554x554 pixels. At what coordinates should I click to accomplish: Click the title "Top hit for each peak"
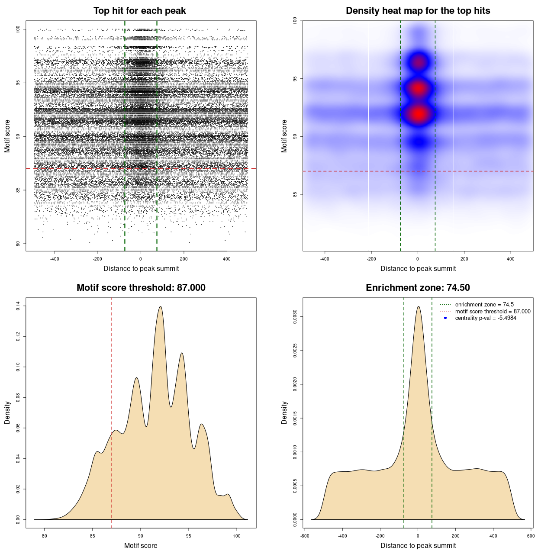coord(140,11)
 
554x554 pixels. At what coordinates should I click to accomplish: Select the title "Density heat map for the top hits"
coord(418,11)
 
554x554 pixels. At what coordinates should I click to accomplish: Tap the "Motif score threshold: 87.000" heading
coord(141,288)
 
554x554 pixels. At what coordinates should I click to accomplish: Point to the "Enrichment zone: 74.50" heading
coord(418,288)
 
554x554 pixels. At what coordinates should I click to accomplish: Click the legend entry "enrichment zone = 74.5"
coord(484,305)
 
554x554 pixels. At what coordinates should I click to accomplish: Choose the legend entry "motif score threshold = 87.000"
coord(493,312)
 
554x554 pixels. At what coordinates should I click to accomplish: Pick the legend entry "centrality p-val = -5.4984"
coord(486,318)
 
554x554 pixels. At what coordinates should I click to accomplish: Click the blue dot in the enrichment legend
coord(445,318)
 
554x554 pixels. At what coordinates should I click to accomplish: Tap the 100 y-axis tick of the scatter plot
coord(18,29)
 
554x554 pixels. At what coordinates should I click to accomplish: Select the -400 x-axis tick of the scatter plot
coord(55,259)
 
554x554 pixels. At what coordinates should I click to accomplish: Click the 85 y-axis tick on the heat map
coord(295,194)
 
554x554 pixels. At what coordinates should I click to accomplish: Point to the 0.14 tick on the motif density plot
coord(18,306)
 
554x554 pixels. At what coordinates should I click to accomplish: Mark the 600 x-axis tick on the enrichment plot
coord(531,536)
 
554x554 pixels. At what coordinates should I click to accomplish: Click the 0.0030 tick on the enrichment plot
coord(295,317)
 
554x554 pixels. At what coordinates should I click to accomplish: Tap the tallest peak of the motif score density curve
coord(161,307)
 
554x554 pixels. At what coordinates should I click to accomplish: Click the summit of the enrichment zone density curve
coord(418,306)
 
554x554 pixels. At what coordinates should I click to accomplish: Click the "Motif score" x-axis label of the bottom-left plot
coord(141,545)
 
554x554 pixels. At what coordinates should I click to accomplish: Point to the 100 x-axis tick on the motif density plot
coord(236,536)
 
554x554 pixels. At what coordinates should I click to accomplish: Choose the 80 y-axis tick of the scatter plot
coord(18,243)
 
